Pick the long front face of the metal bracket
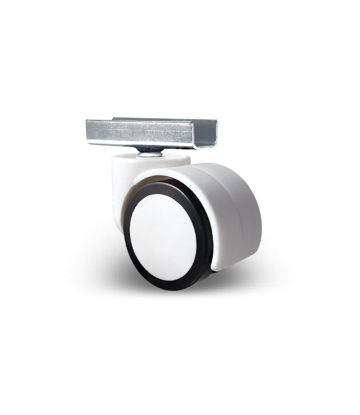pyautogui.click(x=144, y=132)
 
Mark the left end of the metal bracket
pyautogui.click(x=88, y=131)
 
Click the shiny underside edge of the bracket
pyautogui.click(x=119, y=144)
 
